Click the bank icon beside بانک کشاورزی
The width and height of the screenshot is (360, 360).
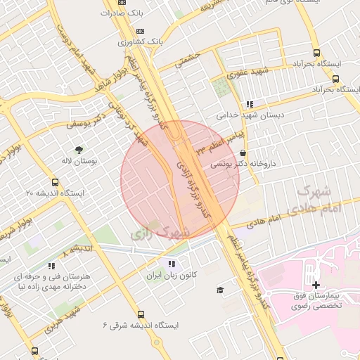(x=141, y=31)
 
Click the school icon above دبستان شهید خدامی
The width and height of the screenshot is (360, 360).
(x=250, y=104)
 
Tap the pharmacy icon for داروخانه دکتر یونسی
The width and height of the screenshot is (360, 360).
(x=243, y=153)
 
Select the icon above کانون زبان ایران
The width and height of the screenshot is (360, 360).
(x=169, y=264)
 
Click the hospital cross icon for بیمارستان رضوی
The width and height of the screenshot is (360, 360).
(x=316, y=285)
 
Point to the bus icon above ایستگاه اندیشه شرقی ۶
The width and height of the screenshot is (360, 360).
(x=141, y=315)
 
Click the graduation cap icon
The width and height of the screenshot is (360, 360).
(x=220, y=290)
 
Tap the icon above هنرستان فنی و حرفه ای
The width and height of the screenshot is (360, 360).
(x=51, y=266)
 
